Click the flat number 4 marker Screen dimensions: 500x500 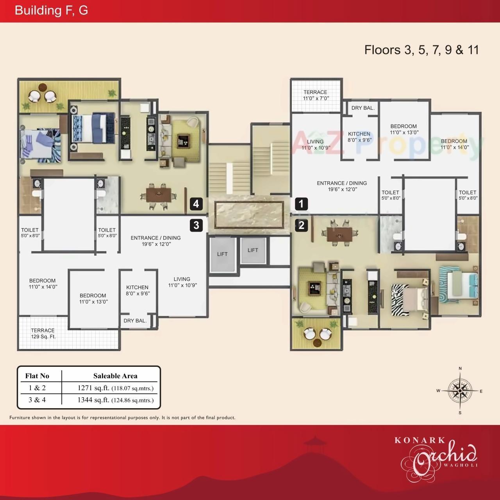click(x=196, y=204)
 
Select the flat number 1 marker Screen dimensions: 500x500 click(x=301, y=204)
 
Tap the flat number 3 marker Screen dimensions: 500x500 click(x=196, y=225)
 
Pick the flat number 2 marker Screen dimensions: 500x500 click(x=301, y=225)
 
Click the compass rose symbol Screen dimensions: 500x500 click(x=460, y=390)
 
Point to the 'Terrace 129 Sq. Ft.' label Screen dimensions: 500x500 click(x=43, y=333)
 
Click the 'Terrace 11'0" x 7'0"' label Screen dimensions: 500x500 click(x=316, y=95)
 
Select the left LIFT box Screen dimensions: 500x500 click(x=222, y=254)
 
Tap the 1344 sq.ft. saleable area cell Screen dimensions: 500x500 click(x=115, y=400)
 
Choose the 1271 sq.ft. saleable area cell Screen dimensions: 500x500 click(x=115, y=388)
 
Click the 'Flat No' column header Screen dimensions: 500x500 click(x=37, y=376)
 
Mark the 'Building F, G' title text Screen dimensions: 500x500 click(x=51, y=10)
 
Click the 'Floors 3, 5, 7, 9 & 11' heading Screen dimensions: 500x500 click(x=421, y=50)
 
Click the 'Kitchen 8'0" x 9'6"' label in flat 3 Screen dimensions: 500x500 click(x=137, y=290)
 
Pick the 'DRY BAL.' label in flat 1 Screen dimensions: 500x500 click(x=363, y=108)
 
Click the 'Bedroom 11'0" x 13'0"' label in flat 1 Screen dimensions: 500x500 click(x=404, y=129)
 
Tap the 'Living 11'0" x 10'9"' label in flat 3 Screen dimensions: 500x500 click(x=182, y=282)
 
